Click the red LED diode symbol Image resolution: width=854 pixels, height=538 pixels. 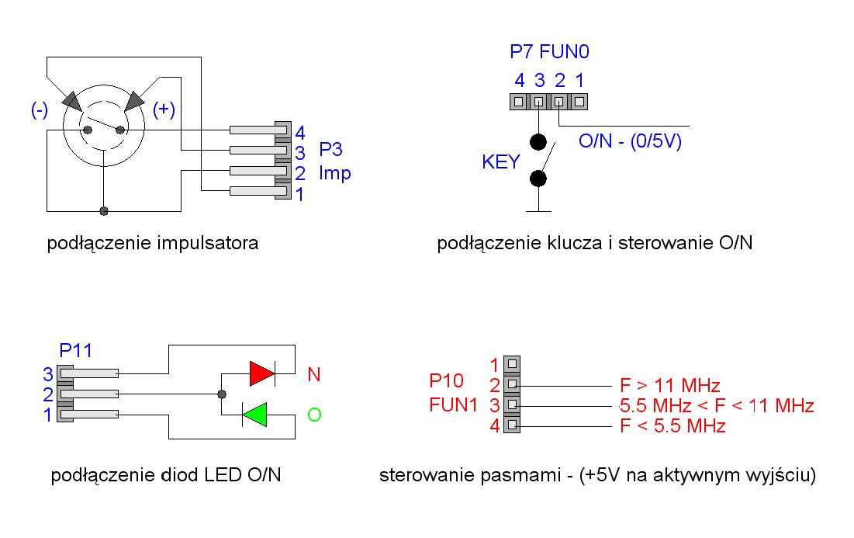click(262, 374)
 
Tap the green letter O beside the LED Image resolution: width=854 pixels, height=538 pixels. click(314, 415)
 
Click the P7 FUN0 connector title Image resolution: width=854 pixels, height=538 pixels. click(550, 53)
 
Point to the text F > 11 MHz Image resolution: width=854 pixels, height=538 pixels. click(670, 385)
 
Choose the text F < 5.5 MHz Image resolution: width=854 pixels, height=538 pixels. click(672, 425)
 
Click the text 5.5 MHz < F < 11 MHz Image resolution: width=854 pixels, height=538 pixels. click(716, 405)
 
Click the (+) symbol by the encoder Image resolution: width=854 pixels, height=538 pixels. click(163, 109)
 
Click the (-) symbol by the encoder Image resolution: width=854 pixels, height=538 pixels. click(39, 109)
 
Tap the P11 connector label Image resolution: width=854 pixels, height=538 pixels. click(76, 350)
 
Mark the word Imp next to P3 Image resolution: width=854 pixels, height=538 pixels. click(335, 172)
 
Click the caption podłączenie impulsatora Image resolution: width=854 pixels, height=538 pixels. click(153, 244)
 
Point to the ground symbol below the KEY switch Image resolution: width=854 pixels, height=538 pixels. click(538, 209)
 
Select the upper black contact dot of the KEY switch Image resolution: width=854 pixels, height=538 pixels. click(538, 142)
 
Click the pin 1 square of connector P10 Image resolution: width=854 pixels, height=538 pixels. click(511, 363)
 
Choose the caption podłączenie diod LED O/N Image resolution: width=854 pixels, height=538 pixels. click(165, 475)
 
